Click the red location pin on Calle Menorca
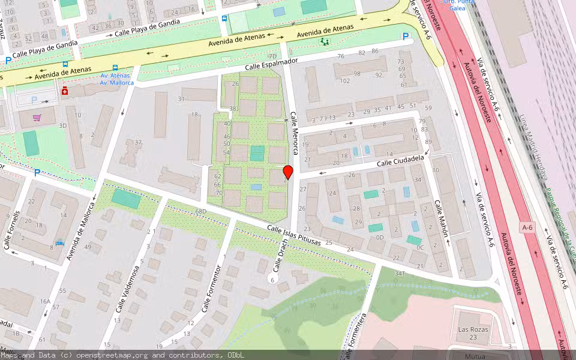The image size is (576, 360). point(287,172)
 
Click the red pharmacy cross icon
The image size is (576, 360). point(65,91)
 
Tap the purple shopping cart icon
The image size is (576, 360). point(37,117)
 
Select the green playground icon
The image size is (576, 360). point(325,42)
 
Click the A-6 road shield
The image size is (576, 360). point(527,227)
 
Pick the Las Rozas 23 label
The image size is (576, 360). point(473,334)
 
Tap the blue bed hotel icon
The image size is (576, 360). point(59,243)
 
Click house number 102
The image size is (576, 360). point(344,81)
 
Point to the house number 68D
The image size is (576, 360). point(200,212)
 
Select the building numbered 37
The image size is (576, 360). point(138,143)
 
